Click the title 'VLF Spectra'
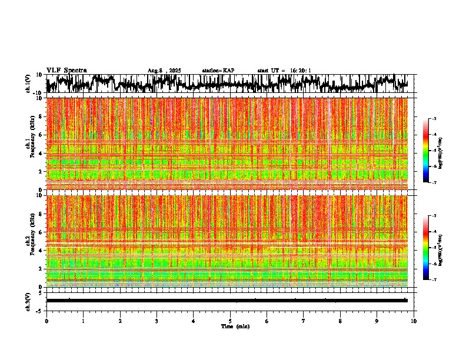point(66,70)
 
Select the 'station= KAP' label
point(218,71)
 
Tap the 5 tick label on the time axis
point(230,321)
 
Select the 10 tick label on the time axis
point(414,321)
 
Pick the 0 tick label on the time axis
point(46,321)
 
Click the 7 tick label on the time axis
point(304,321)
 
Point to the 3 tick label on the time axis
point(157,321)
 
